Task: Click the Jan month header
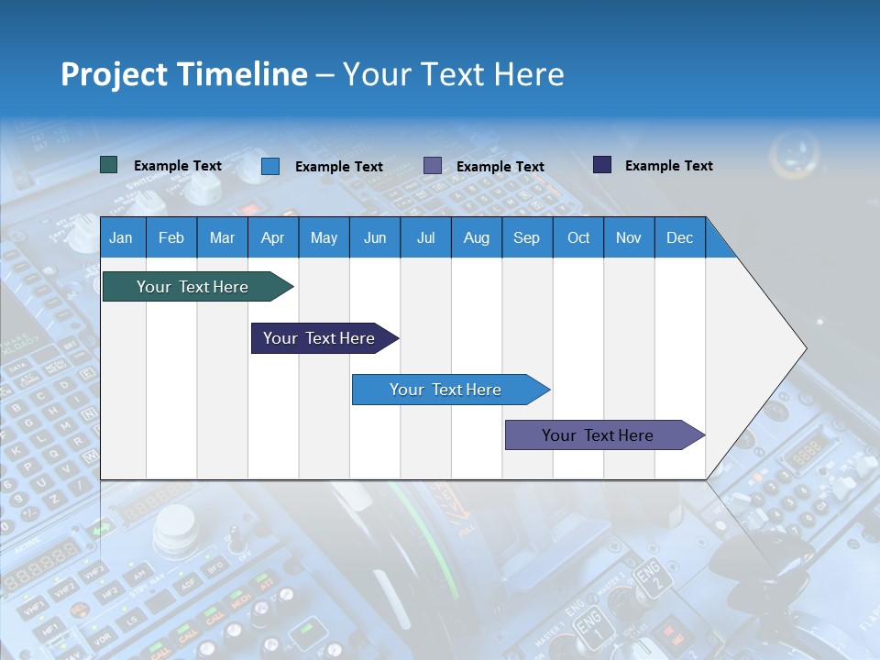[121, 237]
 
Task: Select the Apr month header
[272, 237]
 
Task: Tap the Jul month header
[425, 237]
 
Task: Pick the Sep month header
[526, 237]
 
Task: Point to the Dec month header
[679, 237]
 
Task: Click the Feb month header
[171, 237]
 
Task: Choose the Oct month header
[578, 237]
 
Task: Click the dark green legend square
[109, 165]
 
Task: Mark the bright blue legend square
[270, 166]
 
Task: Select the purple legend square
[433, 166]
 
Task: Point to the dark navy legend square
[602, 165]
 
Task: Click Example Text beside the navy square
[668, 166]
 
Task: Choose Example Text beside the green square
[177, 166]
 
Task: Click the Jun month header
[375, 237]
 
